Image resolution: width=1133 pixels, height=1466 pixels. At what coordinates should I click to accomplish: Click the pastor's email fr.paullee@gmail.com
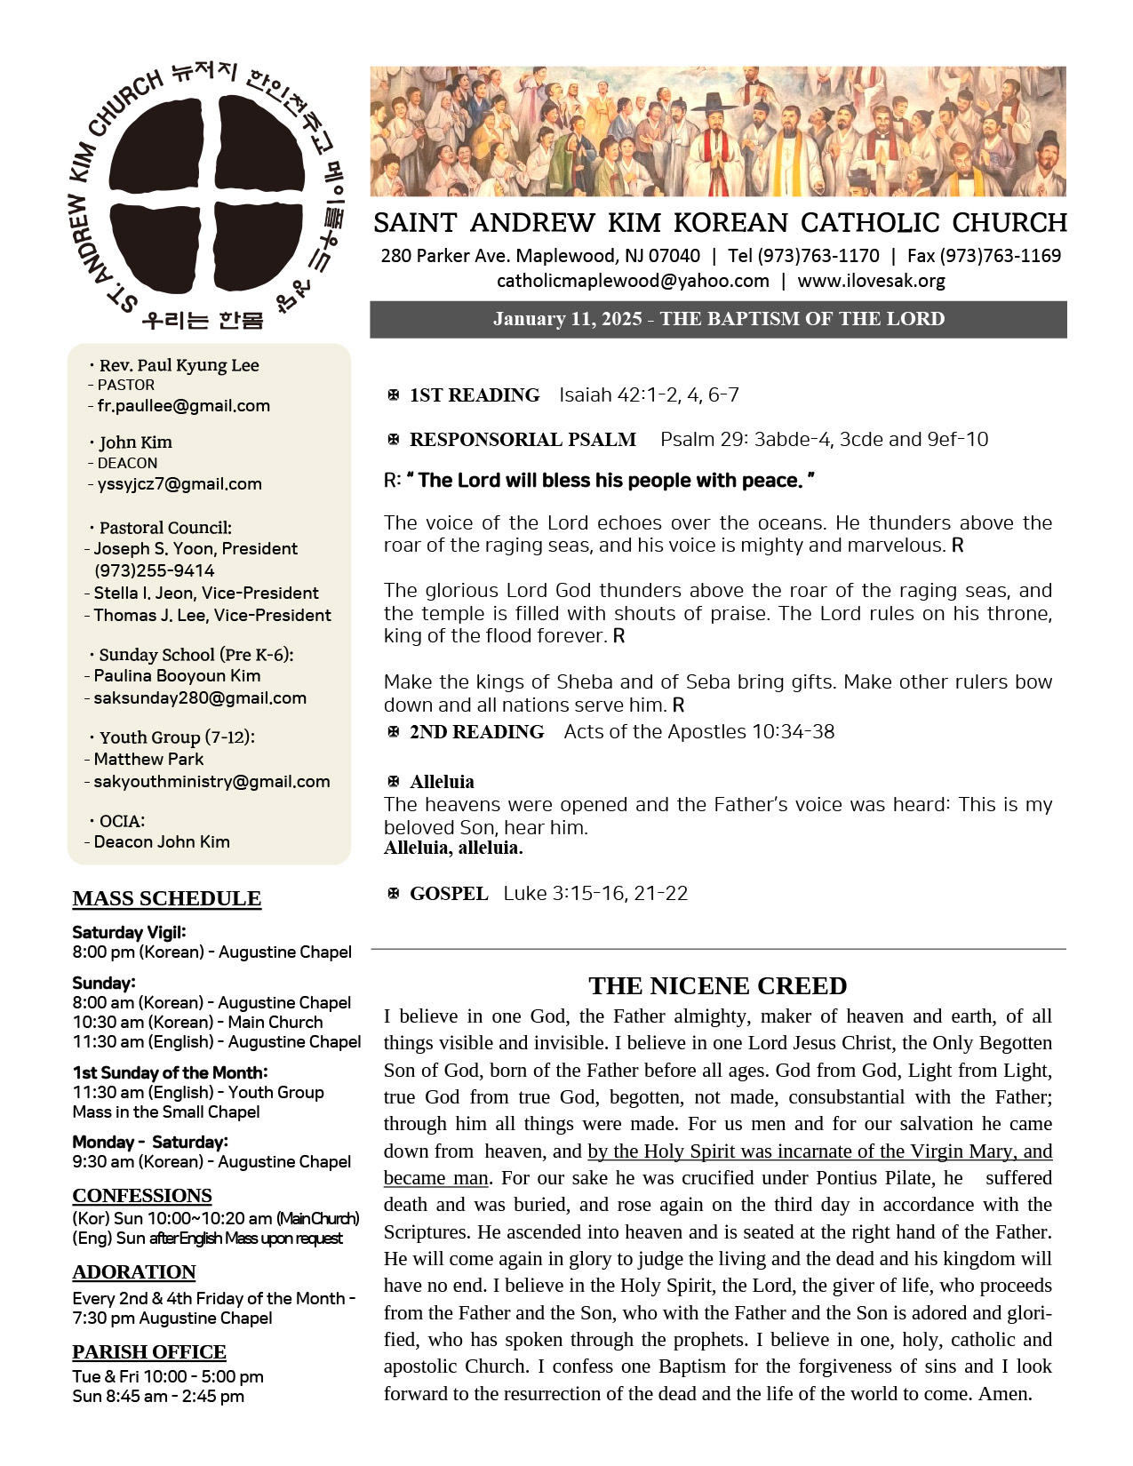183,406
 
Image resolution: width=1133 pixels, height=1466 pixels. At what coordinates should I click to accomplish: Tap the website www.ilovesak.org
871,281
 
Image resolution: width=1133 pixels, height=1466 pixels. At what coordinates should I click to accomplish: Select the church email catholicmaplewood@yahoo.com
633,281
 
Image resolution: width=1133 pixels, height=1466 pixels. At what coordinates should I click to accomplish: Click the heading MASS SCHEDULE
167,898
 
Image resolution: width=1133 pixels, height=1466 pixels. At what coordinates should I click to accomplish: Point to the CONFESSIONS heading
142,1195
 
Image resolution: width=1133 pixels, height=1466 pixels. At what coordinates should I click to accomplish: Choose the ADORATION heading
134,1271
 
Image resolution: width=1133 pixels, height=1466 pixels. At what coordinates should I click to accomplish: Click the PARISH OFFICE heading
149,1351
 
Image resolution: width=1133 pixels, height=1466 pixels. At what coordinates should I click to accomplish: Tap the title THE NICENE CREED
717,985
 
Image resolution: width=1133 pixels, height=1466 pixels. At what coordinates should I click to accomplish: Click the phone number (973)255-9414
155,570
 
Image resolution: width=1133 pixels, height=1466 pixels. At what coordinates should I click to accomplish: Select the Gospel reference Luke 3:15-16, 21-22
595,893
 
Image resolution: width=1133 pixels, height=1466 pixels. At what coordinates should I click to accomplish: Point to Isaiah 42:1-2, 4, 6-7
649,394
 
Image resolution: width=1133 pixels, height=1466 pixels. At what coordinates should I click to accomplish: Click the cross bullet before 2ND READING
394,731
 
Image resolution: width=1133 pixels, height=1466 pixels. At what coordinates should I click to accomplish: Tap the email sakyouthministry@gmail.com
211,782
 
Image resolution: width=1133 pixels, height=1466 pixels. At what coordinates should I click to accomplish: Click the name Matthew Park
148,759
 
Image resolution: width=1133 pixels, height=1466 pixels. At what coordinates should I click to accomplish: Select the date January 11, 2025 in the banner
567,319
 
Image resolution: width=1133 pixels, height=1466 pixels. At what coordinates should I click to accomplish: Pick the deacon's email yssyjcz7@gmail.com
180,484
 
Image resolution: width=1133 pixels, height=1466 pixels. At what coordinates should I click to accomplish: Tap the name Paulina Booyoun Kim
177,675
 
